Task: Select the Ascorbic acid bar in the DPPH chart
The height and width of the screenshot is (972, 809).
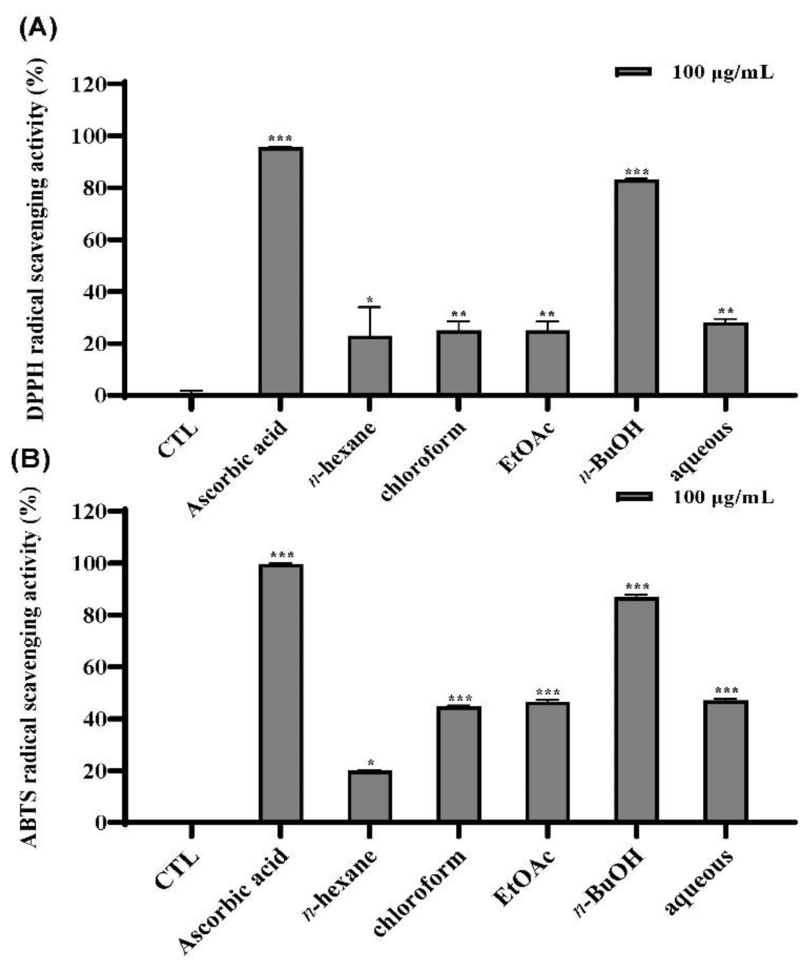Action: [281, 271]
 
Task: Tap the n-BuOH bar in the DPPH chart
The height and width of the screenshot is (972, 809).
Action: [636, 287]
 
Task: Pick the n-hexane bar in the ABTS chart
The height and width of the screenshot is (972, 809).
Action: [369, 796]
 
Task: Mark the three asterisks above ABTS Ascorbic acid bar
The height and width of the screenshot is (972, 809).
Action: [281, 555]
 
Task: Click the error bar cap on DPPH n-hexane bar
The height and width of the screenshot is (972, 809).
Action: [369, 307]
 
